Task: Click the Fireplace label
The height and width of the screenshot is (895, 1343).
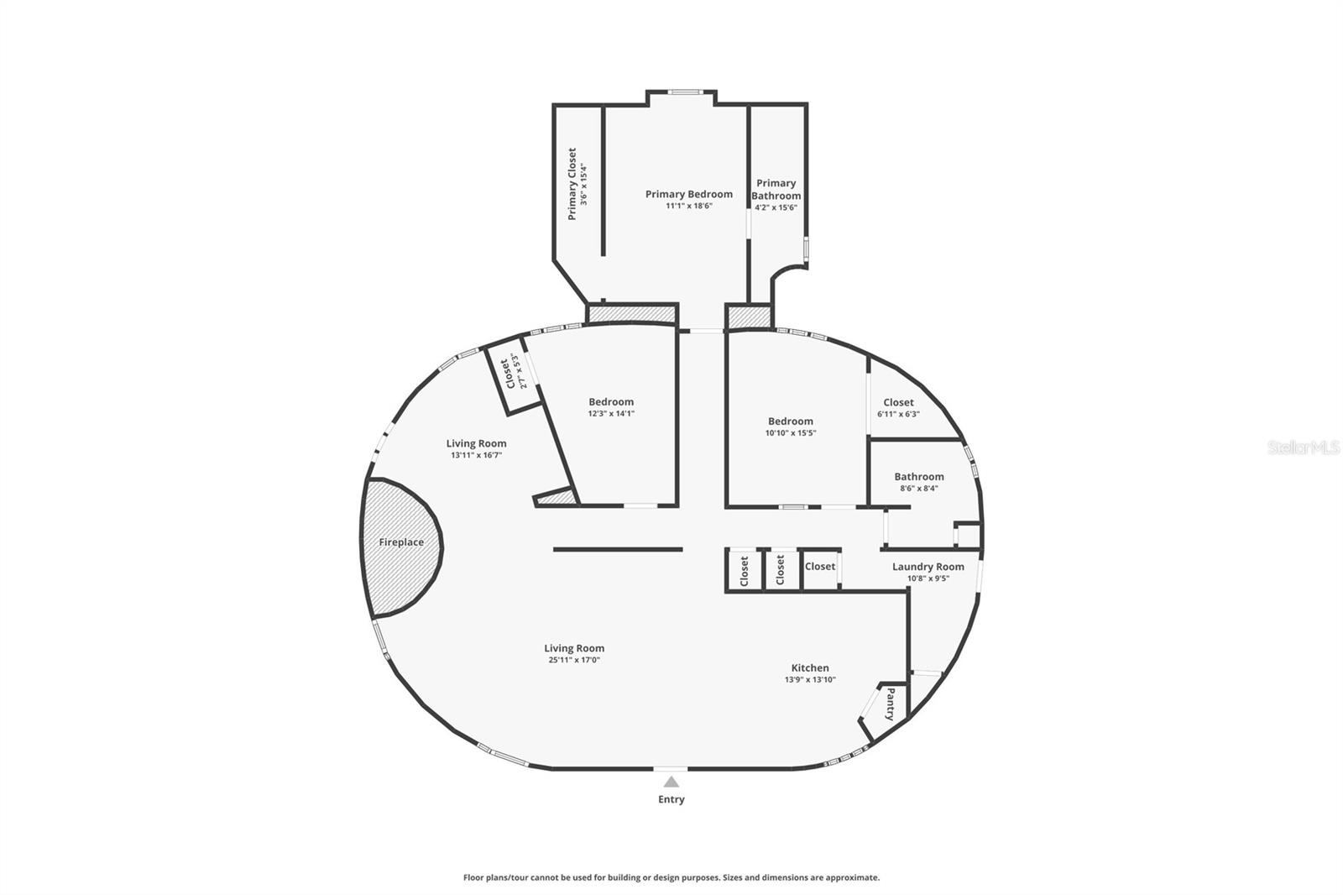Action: click(401, 542)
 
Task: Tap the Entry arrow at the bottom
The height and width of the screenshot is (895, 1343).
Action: click(671, 782)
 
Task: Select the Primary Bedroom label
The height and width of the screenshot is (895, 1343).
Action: click(688, 194)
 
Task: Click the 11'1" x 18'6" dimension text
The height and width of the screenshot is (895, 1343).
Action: click(688, 206)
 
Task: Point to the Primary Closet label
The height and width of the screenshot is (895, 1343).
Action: click(572, 184)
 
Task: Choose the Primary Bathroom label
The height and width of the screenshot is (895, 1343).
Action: click(776, 189)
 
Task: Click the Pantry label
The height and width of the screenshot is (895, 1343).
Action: click(891, 704)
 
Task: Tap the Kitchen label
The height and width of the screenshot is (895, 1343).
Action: click(810, 668)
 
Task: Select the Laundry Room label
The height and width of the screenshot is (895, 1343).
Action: click(928, 567)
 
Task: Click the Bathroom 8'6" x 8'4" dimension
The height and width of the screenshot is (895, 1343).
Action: click(918, 488)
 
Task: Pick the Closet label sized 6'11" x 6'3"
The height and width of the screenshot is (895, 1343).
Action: click(898, 402)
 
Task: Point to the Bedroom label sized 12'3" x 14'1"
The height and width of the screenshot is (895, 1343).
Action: click(611, 402)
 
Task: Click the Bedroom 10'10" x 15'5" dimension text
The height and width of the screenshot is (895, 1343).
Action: click(790, 433)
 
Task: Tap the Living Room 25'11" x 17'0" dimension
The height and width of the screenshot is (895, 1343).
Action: click(574, 660)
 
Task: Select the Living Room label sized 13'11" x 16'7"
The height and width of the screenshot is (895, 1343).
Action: click(476, 443)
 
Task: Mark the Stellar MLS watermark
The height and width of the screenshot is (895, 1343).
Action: click(1303, 447)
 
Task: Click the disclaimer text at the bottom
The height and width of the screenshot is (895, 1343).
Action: click(671, 877)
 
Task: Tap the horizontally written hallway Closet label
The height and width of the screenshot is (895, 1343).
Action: click(820, 567)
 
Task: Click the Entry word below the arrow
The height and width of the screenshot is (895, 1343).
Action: click(671, 799)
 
